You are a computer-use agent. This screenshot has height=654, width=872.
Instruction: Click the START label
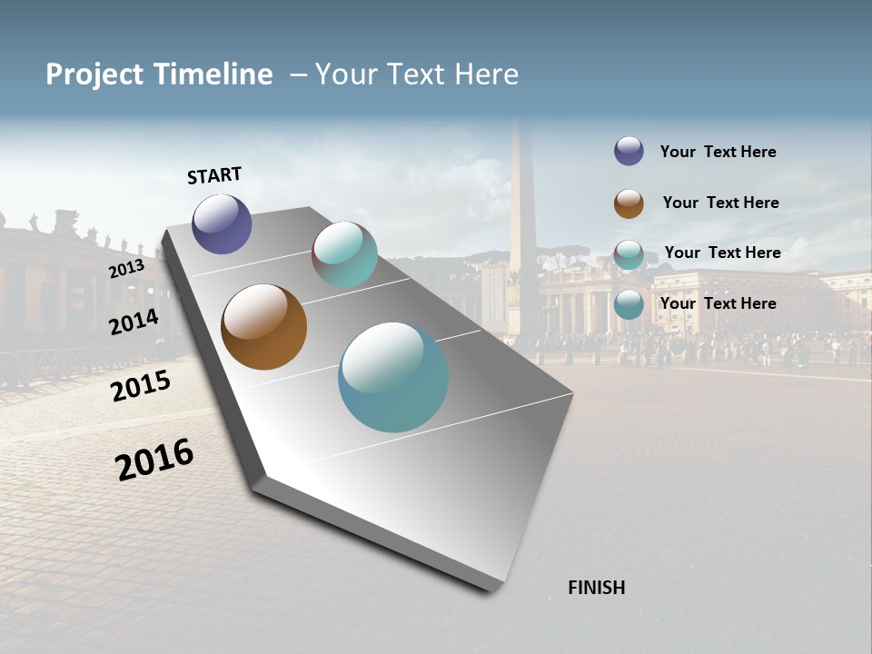(x=214, y=175)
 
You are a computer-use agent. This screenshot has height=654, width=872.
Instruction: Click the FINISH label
(x=596, y=588)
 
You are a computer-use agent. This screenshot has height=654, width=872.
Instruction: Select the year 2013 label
(x=126, y=269)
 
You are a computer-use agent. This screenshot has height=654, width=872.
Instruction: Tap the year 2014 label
(x=134, y=322)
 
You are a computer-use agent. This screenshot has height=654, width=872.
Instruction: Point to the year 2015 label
(x=140, y=385)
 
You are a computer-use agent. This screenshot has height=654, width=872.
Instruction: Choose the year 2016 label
(x=154, y=460)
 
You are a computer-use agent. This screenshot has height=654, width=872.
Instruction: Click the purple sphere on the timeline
(x=222, y=223)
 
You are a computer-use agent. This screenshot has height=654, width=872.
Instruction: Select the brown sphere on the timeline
(x=263, y=327)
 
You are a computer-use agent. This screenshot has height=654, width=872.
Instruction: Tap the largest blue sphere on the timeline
(x=393, y=376)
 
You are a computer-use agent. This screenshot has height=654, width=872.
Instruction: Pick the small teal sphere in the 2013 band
(x=344, y=254)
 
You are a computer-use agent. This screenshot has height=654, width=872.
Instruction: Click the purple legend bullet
(x=629, y=152)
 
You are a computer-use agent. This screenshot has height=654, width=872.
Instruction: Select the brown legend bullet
(x=629, y=203)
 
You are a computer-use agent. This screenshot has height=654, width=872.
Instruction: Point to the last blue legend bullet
(x=629, y=304)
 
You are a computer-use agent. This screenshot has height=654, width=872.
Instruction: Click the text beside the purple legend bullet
(x=718, y=152)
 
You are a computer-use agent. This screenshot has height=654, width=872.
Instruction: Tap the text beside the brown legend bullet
(x=720, y=203)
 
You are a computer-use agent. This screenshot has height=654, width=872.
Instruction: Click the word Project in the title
(x=94, y=74)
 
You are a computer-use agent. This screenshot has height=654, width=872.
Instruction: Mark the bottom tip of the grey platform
(x=491, y=590)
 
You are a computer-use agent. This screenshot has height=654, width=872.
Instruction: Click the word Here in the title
(x=486, y=74)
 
